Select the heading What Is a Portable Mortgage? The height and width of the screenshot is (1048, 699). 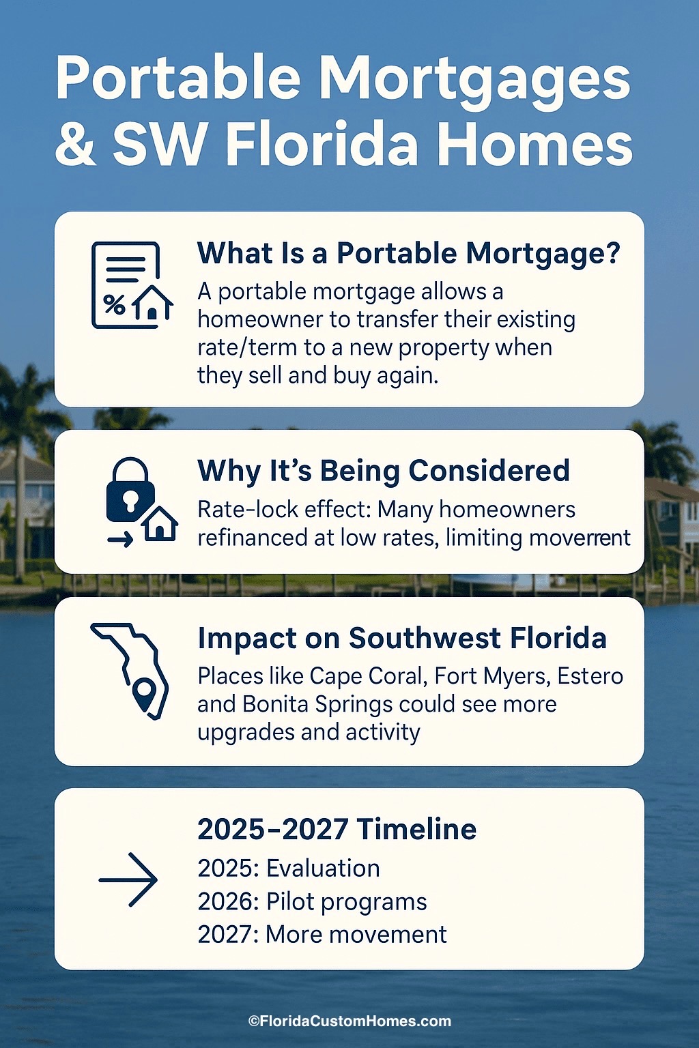point(408,253)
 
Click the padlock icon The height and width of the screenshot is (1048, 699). point(128,489)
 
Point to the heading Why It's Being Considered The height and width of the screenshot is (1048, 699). point(383,471)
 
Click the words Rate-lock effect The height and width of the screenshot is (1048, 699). point(283,510)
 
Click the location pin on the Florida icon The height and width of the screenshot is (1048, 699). point(145,695)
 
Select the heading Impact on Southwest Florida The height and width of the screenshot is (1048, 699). point(401,639)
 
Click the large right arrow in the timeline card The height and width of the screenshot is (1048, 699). point(128,879)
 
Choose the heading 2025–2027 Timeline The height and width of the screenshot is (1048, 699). point(337,830)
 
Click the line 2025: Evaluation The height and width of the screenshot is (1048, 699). point(288,869)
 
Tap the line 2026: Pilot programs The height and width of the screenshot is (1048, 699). point(312,901)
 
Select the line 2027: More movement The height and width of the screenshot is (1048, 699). point(322,934)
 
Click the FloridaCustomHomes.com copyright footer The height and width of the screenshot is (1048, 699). point(349,1021)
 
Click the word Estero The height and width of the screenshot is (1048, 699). point(590,676)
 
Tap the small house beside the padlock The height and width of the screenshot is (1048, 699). point(161,524)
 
